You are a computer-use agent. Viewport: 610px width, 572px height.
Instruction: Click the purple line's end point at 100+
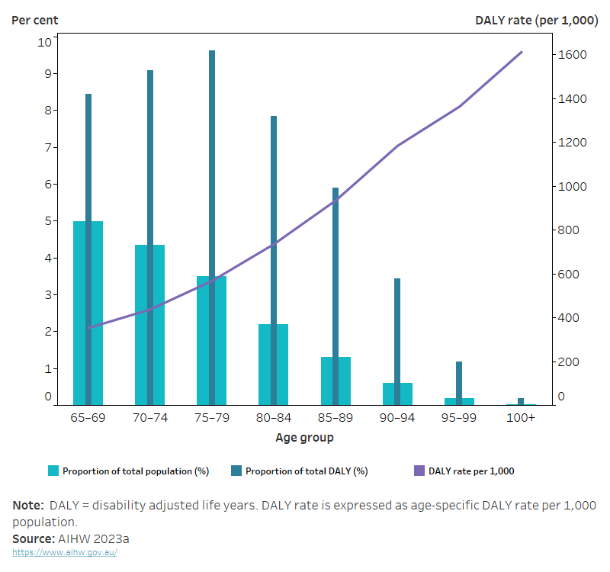coord(522,52)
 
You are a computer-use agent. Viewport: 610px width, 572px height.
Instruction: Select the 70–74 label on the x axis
coord(150,419)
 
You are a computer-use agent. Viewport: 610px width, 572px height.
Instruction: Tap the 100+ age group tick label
coord(522,419)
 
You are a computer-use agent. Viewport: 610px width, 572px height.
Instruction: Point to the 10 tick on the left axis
coord(45,41)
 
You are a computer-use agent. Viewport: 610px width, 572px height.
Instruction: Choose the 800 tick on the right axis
coord(570,230)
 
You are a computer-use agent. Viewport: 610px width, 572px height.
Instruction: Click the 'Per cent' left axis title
coord(35,20)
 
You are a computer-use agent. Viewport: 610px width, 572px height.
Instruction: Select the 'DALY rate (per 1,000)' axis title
coord(536,20)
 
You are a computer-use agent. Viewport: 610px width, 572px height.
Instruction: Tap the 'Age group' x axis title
coord(304,438)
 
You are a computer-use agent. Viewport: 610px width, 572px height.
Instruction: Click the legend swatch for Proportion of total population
coord(53,471)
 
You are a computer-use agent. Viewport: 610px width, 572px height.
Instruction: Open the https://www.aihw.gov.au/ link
coord(65,552)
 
